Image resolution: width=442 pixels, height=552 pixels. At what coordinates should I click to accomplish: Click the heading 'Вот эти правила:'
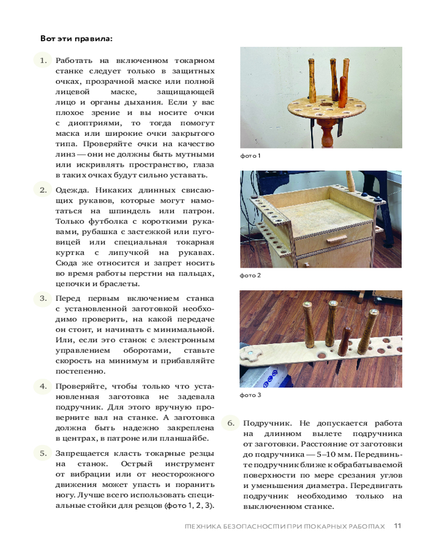coord(76,39)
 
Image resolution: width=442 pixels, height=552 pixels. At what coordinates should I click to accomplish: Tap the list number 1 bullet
coord(43,60)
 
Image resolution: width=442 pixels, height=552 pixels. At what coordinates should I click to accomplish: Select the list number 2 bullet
coord(43,190)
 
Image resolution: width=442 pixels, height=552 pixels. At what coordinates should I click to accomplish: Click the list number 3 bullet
coord(43,298)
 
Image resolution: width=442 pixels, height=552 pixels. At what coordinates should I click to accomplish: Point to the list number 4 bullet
coord(43,386)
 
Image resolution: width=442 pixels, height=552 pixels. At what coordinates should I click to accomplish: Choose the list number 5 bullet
coord(43,453)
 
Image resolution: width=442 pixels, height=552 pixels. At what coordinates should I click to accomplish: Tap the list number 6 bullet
coord(231,423)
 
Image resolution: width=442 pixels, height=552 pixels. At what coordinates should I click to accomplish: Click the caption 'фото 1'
coord(250,156)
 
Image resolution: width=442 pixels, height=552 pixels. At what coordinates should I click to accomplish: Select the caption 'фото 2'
coord(250,275)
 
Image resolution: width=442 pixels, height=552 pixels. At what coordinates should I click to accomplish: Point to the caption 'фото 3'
coord(250,395)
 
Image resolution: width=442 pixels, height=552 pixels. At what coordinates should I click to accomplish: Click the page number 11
coord(398,526)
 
